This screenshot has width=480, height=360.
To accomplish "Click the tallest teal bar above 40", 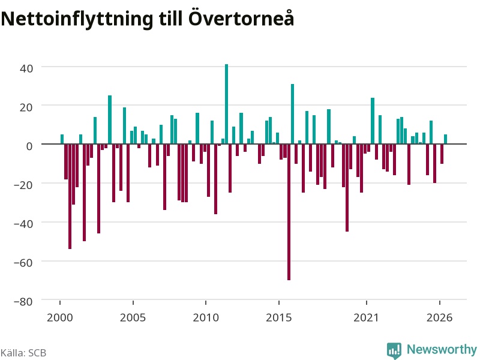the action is click(x=227, y=104).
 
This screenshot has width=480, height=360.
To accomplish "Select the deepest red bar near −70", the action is click(x=289, y=212).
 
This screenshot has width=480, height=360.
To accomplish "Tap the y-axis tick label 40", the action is click(x=26, y=68).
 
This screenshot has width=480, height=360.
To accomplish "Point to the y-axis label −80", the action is click(x=23, y=302).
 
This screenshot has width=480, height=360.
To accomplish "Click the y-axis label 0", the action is click(x=29, y=146).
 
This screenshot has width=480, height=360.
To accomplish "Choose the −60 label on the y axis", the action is click(x=23, y=263).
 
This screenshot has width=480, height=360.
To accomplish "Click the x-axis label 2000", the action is click(x=59, y=317).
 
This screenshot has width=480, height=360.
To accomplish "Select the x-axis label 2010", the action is click(x=206, y=317).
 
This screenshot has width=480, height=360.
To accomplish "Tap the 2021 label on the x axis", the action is click(x=366, y=317).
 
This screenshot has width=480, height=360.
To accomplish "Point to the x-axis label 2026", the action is click(x=439, y=317).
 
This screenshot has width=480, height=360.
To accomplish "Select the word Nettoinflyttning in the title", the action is click(x=77, y=19).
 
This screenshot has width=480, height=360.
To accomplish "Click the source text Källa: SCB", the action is click(x=23, y=353).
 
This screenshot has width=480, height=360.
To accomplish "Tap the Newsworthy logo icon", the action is click(x=394, y=350).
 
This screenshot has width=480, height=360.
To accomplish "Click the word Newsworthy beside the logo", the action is click(x=442, y=349).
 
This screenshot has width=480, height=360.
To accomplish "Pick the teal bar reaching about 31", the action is click(x=292, y=114).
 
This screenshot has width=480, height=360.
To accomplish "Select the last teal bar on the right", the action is click(x=445, y=139).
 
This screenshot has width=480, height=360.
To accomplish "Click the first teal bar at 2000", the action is click(x=62, y=139).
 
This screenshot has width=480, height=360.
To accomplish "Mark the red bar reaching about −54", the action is click(x=70, y=196).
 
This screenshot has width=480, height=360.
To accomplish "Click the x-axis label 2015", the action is click(x=278, y=317).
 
